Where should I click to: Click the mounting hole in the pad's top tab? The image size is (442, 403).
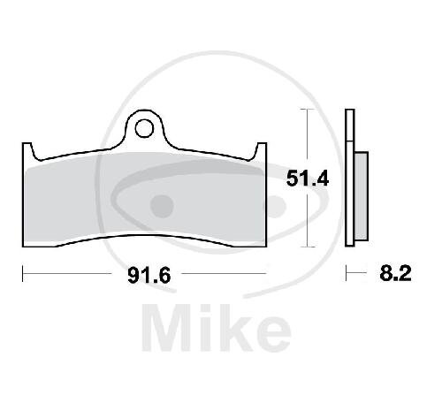144,128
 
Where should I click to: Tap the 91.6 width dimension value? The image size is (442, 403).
149,276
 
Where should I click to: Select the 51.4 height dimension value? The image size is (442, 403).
308,179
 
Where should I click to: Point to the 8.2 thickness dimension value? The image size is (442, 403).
395,273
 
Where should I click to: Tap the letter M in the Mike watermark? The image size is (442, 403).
166,328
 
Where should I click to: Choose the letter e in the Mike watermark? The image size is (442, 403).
272,333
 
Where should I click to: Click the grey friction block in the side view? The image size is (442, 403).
362,196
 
